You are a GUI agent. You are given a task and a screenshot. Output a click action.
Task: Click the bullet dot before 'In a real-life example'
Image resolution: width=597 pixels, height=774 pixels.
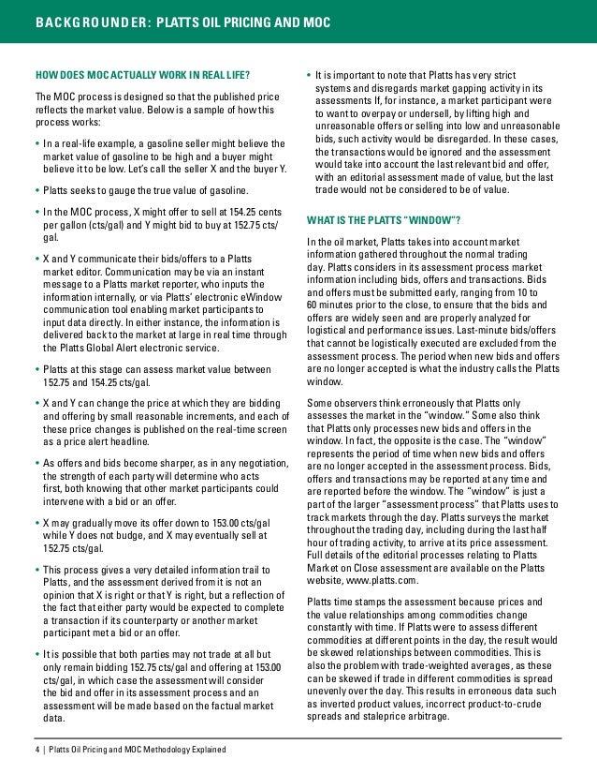[37, 142]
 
